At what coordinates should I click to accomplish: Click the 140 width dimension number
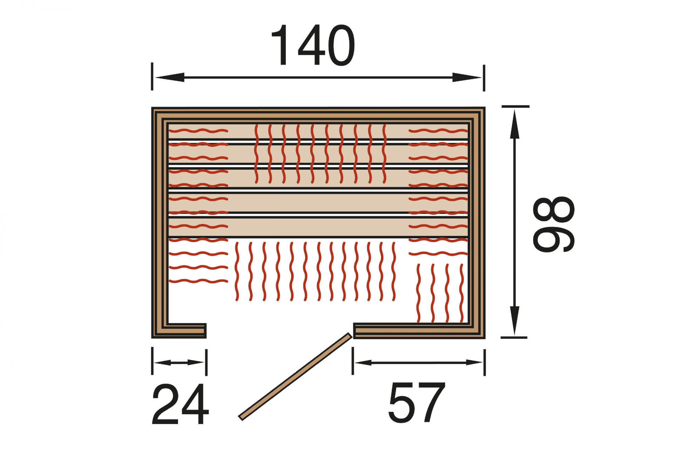pyautogui.click(x=313, y=45)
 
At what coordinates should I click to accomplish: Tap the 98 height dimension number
pyautogui.click(x=553, y=224)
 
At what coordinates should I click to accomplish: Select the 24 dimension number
pyautogui.click(x=180, y=404)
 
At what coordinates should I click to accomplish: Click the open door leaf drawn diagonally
pyautogui.click(x=295, y=376)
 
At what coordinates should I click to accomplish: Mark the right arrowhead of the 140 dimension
pyautogui.click(x=467, y=77)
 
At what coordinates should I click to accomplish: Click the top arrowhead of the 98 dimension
pyautogui.click(x=514, y=124)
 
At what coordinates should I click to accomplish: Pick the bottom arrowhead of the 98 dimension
pyautogui.click(x=514, y=320)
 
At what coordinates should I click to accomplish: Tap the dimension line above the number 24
pyautogui.click(x=179, y=362)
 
